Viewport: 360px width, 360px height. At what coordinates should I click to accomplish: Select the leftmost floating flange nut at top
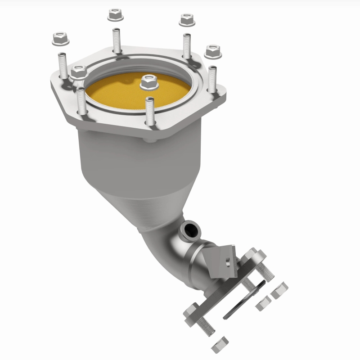[60, 39]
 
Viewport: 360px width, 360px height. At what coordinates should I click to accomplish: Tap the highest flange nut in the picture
[115, 16]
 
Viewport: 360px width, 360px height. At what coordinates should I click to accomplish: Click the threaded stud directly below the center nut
[150, 110]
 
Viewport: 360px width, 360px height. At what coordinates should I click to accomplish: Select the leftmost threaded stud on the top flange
[63, 65]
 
